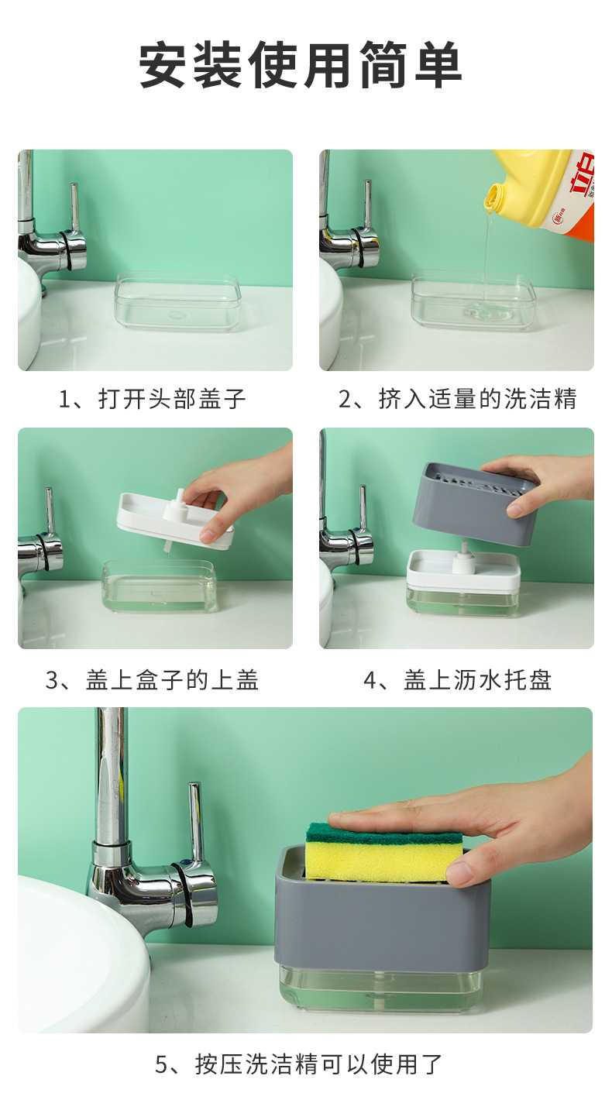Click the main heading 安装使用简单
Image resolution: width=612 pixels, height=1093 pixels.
point(301,66)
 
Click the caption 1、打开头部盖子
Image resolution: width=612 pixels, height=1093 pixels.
point(153,400)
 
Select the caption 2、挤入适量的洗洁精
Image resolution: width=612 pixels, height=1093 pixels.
point(458,400)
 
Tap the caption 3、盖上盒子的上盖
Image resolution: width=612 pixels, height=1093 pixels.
point(153,680)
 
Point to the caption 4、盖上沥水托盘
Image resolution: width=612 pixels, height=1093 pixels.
point(458,680)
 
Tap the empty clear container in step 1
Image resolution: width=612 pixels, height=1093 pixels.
point(177,302)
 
